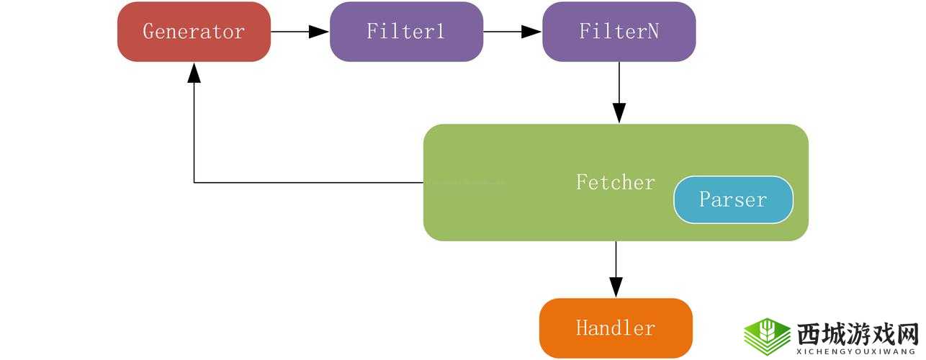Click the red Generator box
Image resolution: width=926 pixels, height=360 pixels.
pyautogui.click(x=194, y=32)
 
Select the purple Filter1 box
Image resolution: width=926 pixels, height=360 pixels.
pyautogui.click(x=406, y=32)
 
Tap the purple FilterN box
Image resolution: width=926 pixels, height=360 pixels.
pyautogui.click(x=619, y=32)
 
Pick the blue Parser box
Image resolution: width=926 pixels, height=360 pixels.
pyautogui.click(x=733, y=199)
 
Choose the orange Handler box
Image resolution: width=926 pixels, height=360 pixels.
pyautogui.click(x=616, y=328)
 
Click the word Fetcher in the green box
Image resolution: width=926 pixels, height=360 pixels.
pyautogui.click(x=615, y=182)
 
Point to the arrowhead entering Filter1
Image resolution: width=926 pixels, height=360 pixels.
pyautogui.click(x=319, y=32)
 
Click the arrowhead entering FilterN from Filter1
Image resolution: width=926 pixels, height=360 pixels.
pyautogui.click(x=531, y=32)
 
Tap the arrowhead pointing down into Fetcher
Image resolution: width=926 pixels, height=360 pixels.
pyautogui.click(x=619, y=113)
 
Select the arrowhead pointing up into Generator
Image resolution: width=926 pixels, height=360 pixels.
pyautogui.click(x=194, y=72)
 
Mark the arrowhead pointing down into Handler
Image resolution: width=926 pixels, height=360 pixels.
pyautogui.click(x=616, y=287)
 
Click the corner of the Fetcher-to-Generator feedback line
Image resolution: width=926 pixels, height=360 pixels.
pyautogui.click(x=194, y=183)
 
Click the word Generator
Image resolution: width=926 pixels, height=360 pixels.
pyautogui.click(x=194, y=32)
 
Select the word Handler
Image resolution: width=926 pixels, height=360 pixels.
pyautogui.click(x=616, y=328)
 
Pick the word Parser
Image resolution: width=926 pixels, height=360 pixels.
pyautogui.click(x=733, y=199)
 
